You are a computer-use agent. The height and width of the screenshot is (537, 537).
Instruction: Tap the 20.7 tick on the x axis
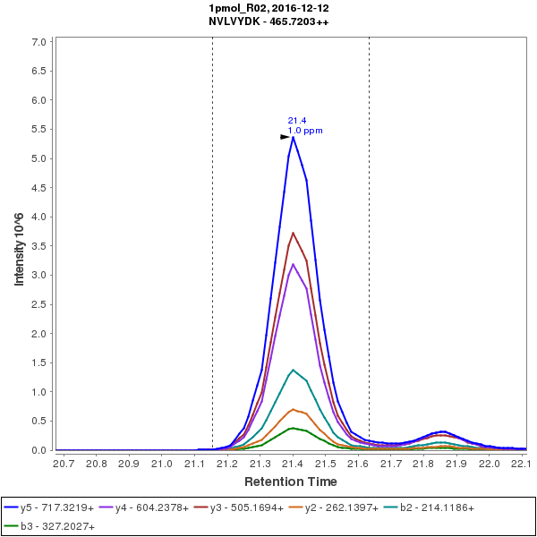(64, 464)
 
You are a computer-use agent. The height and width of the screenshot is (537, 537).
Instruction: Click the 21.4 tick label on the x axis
(293, 464)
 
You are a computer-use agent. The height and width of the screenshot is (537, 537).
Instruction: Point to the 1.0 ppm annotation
(305, 131)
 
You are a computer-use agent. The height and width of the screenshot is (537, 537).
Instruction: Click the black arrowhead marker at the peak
(286, 137)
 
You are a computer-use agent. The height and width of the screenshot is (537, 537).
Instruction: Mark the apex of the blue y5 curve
(293, 137)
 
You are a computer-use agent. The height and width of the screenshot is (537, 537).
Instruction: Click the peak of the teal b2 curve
(293, 370)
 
